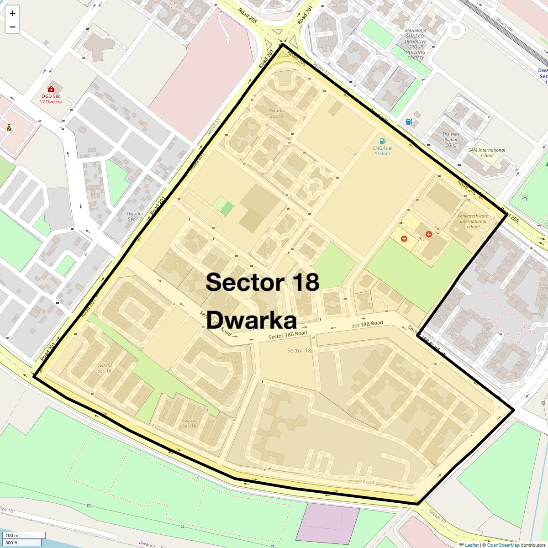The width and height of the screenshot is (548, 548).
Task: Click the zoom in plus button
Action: [12, 13]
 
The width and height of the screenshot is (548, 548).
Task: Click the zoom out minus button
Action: [12, 27]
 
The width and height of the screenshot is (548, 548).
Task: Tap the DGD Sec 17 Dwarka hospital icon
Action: [51, 89]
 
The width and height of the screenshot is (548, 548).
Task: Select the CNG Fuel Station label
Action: [382, 151]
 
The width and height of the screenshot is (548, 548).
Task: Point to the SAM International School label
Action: [487, 153]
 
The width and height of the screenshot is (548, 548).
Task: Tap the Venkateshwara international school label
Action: [473, 221]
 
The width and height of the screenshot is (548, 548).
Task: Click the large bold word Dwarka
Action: [251, 321]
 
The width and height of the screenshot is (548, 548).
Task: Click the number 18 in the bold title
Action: [304, 282]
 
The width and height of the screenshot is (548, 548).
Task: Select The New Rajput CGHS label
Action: [451, 140]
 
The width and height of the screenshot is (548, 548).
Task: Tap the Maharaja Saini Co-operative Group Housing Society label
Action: [416, 44]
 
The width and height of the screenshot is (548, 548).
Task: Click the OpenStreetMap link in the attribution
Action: [503, 545]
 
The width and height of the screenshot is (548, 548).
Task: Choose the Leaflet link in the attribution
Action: [472, 545]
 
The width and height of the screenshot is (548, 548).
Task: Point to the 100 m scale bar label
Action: [12, 536]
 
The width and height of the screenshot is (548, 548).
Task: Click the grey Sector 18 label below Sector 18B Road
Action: [299, 350]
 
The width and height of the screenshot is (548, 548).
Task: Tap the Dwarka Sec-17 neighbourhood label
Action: [135, 216]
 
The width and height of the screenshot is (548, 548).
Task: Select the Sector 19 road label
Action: [437, 516]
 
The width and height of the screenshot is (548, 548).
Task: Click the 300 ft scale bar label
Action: [11, 543]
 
